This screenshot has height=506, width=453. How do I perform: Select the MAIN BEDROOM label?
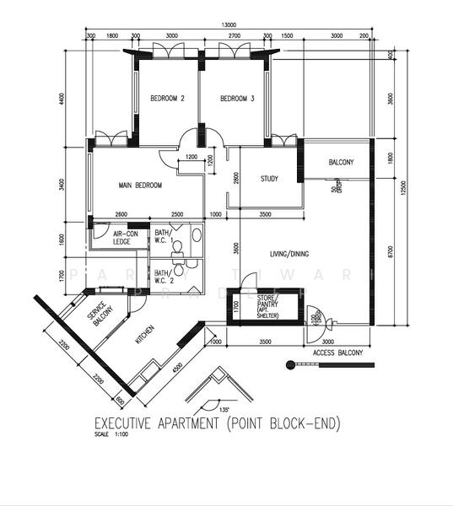click(140, 186)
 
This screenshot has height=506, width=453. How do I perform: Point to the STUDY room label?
click(269, 178)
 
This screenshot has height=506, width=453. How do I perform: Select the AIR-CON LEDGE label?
click(126, 239)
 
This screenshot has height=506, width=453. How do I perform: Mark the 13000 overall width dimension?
click(228, 25)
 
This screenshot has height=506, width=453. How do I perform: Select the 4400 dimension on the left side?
click(62, 99)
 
